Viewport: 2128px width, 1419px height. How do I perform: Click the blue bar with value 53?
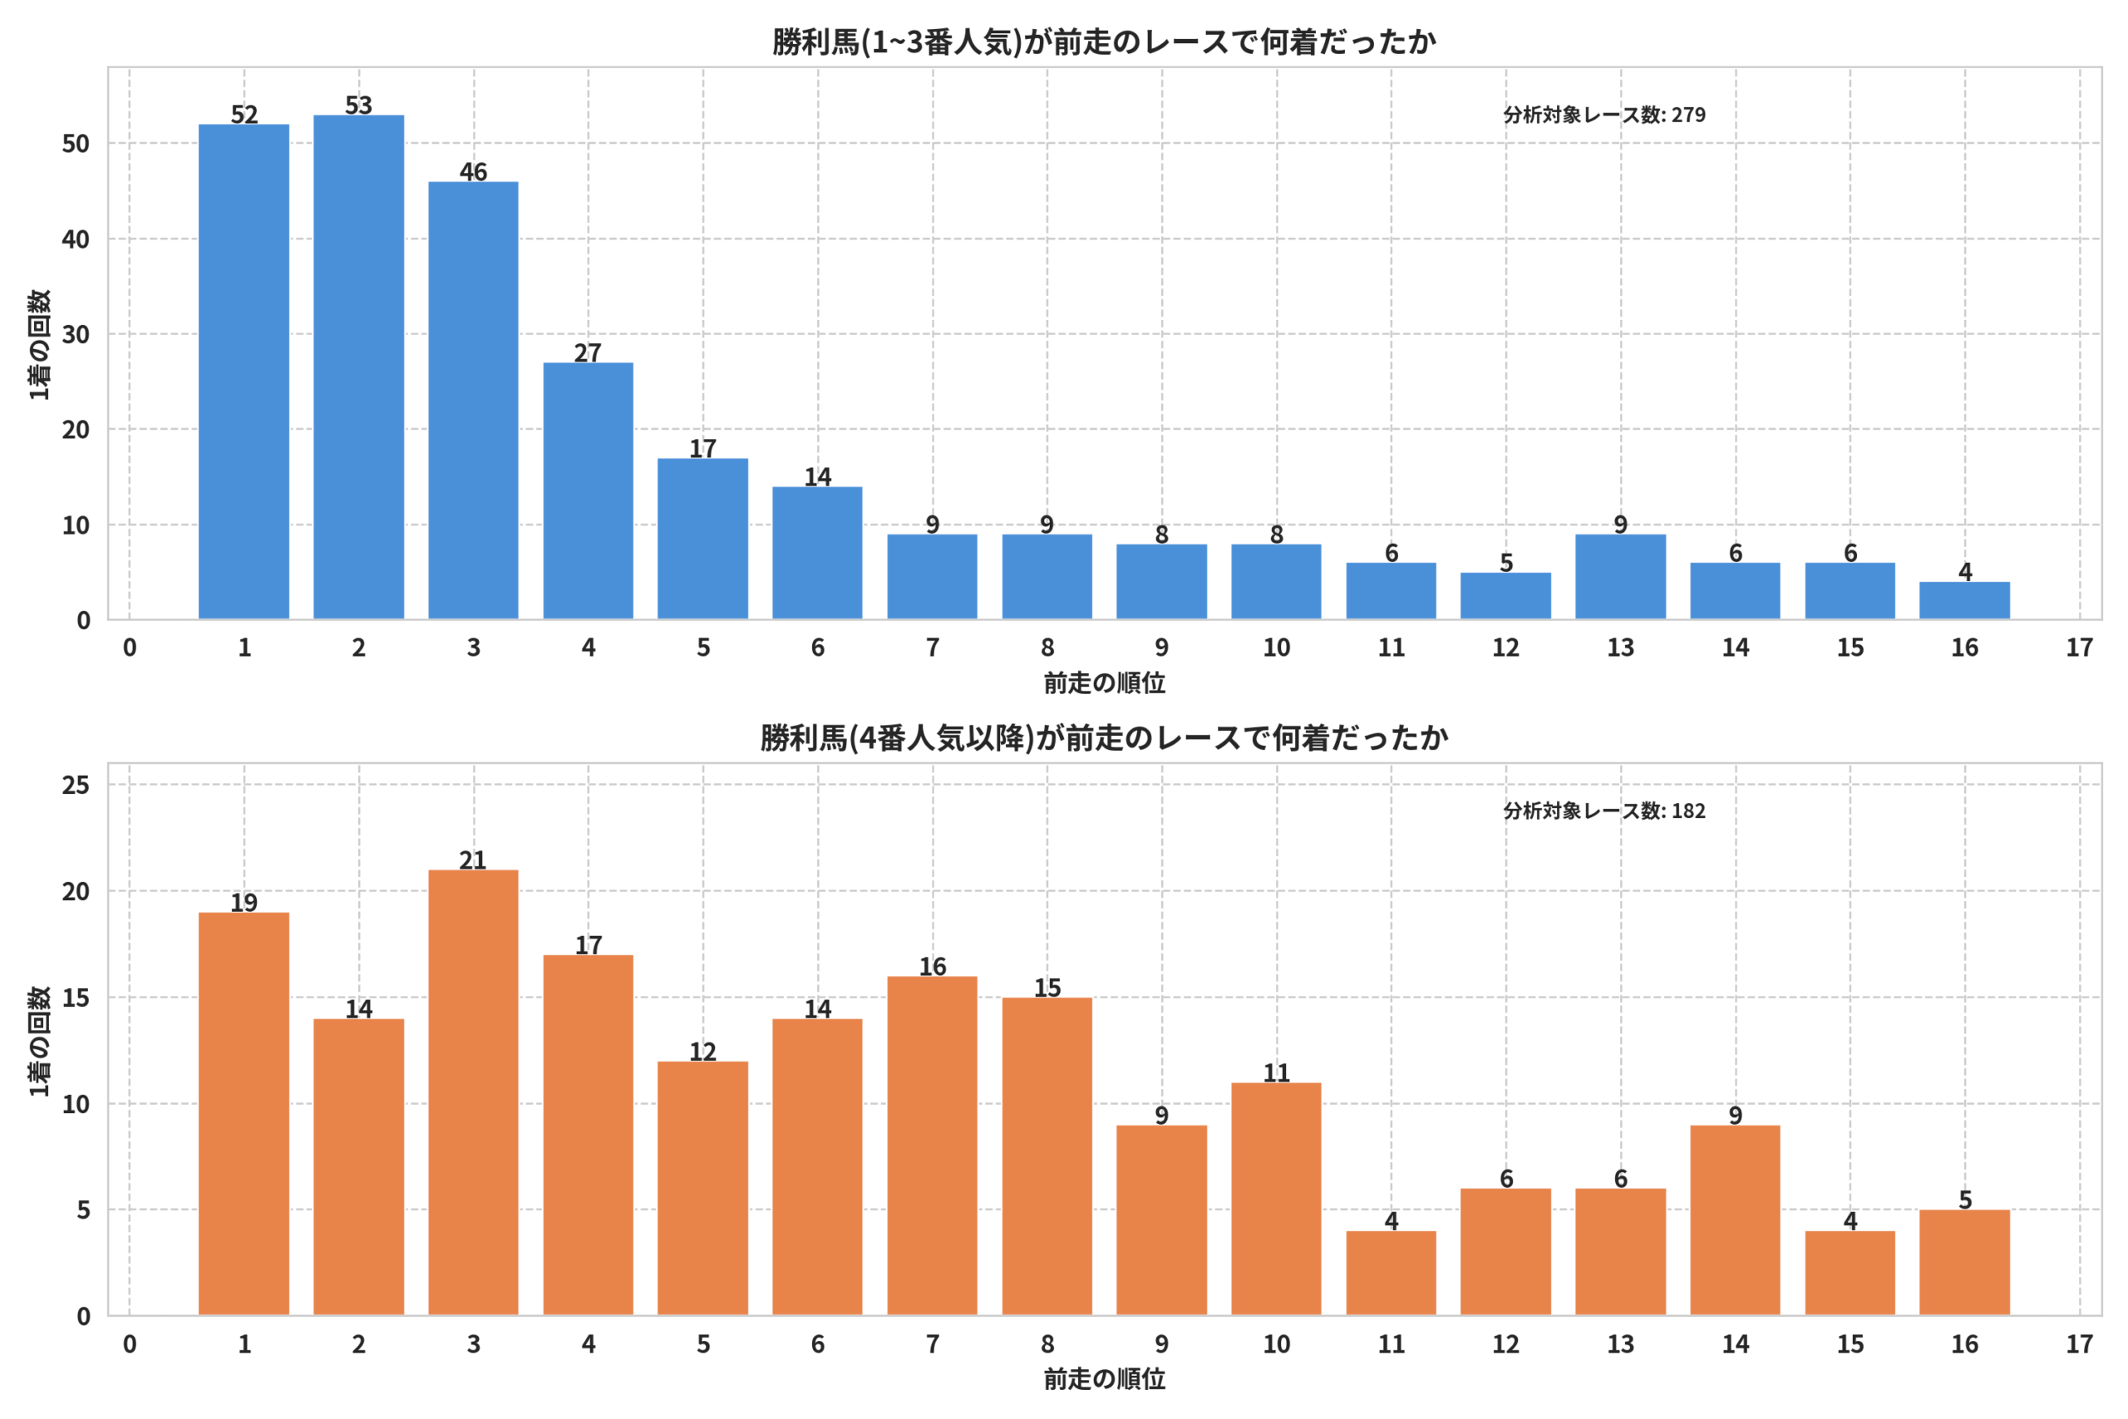click(358, 367)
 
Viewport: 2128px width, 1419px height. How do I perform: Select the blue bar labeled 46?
click(473, 401)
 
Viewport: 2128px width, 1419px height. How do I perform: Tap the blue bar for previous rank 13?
click(1620, 578)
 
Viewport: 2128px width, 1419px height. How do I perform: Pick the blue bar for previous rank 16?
click(1964, 601)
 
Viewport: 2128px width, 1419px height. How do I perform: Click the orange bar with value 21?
click(473, 1092)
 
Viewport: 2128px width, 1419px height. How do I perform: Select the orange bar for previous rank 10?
click(1276, 1199)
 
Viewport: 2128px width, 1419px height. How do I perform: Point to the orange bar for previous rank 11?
click(1391, 1274)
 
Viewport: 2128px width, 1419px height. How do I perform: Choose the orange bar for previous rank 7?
click(932, 1146)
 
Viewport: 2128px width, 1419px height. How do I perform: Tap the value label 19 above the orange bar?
click(244, 902)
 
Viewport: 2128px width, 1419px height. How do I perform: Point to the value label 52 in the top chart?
click(244, 114)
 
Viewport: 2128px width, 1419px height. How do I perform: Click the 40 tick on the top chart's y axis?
click(76, 239)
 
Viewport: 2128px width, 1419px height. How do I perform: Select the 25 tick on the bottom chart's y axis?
click(76, 785)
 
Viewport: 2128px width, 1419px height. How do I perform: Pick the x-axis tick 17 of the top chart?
click(2079, 647)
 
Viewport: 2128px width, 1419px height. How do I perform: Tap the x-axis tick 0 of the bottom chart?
click(130, 1344)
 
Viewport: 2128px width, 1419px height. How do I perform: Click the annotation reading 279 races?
click(1604, 115)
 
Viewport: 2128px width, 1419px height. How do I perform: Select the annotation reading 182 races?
click(1604, 811)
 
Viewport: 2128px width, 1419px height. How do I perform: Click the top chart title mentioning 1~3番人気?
click(1104, 42)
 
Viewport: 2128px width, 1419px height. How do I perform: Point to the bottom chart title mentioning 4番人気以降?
click(1104, 737)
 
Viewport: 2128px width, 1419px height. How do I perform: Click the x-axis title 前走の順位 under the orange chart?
click(1104, 1379)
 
